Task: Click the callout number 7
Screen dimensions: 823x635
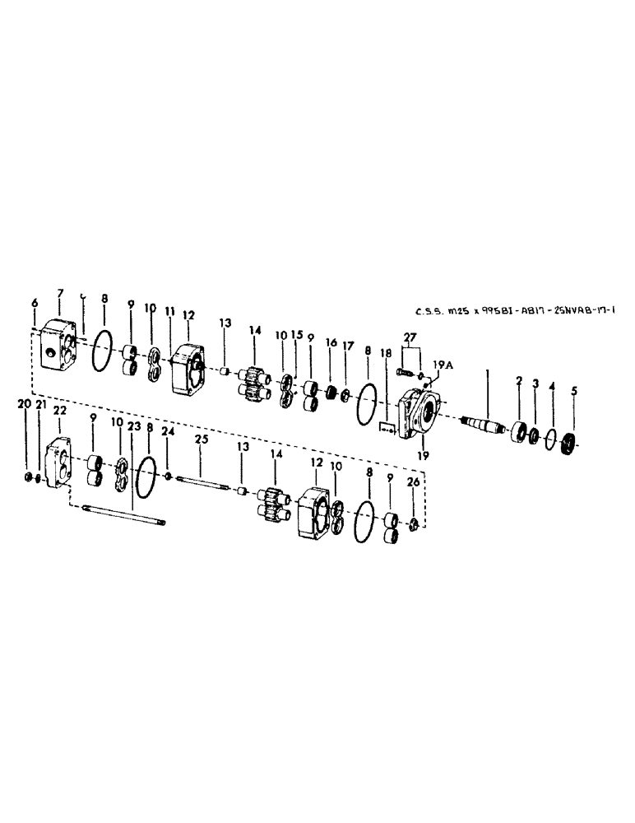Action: [x=59, y=295]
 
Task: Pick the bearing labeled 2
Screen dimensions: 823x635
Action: [x=519, y=431]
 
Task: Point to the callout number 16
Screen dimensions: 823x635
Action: [x=331, y=342]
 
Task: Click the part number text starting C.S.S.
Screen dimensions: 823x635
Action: [x=515, y=312]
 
